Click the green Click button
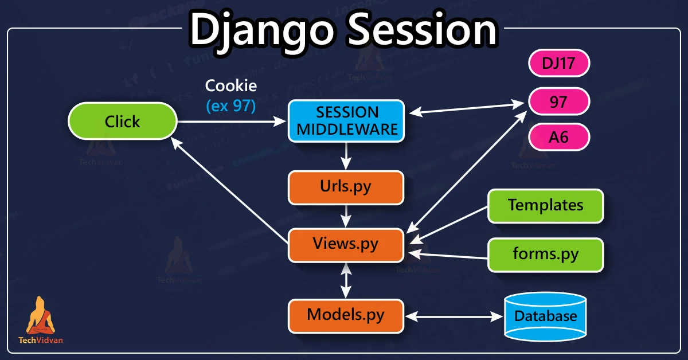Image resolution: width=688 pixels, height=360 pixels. click(x=122, y=122)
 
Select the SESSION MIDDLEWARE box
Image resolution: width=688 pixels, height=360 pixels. click(x=346, y=121)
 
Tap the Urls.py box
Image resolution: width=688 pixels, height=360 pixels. click(x=346, y=187)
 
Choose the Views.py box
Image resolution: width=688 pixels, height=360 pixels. click(x=346, y=244)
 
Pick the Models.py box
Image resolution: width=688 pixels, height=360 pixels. click(x=346, y=315)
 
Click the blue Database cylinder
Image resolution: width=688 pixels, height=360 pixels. click(x=545, y=316)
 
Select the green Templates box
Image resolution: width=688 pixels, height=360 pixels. click(x=545, y=205)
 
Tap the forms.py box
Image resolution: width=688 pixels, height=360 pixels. click(x=545, y=255)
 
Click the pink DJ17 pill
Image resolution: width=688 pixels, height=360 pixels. click(x=558, y=64)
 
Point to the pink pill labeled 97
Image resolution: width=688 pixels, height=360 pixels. click(x=558, y=102)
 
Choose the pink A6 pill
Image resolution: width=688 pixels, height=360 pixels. click(x=558, y=138)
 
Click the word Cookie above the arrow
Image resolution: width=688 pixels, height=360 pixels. click(x=231, y=87)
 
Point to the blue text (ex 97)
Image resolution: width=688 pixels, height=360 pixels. click(x=231, y=105)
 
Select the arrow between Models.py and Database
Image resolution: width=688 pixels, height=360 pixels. click(x=453, y=316)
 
